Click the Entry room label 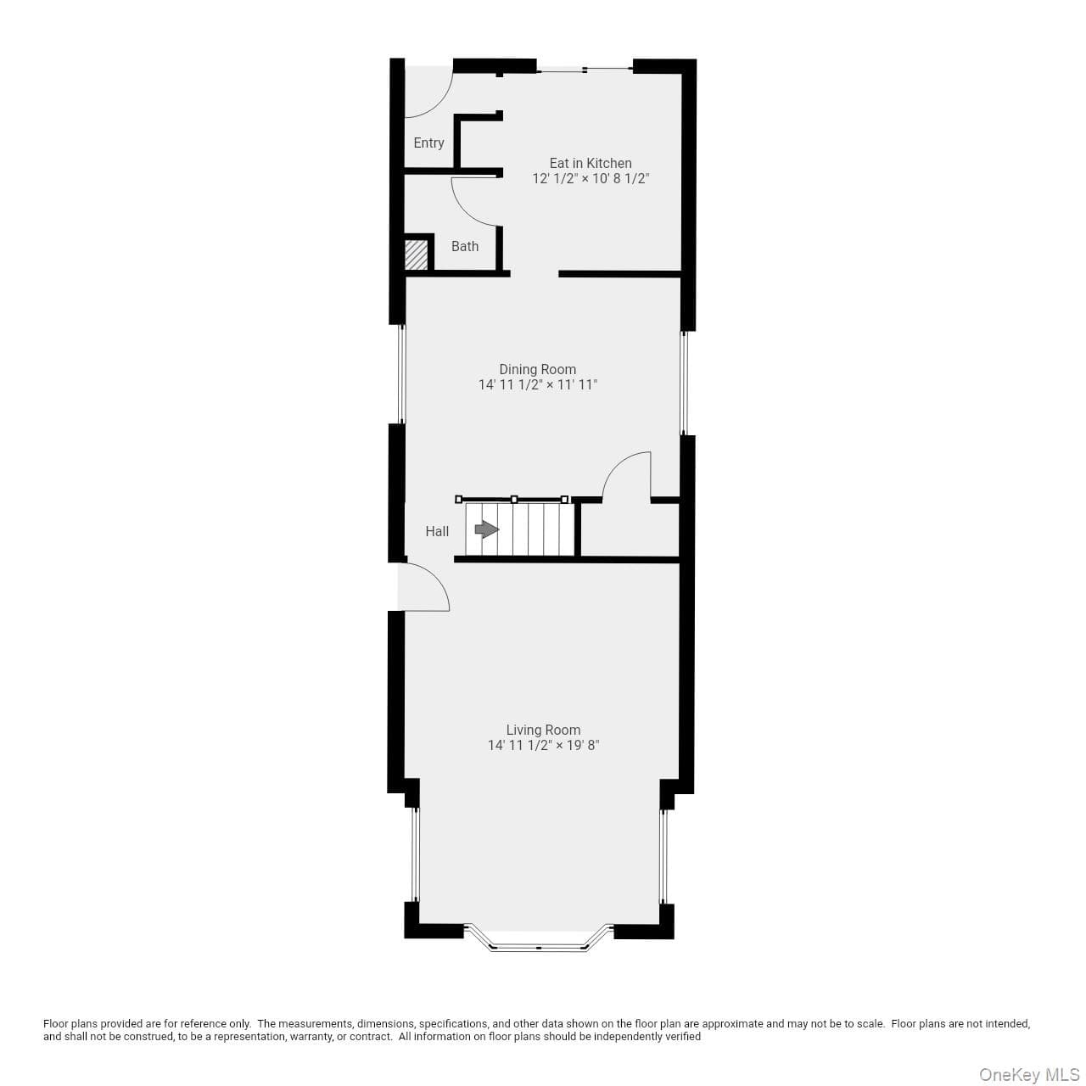428,143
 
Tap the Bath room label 465,246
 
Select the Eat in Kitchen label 591,163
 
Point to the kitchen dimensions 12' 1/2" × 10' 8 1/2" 591,179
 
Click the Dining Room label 538,369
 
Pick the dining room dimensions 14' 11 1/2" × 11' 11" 538,385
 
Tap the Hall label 437,531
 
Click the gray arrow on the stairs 487,529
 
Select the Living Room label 543,730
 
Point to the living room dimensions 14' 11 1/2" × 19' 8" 543,746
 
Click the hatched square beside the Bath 416,255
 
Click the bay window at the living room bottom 538,948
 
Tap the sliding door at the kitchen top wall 585,70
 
